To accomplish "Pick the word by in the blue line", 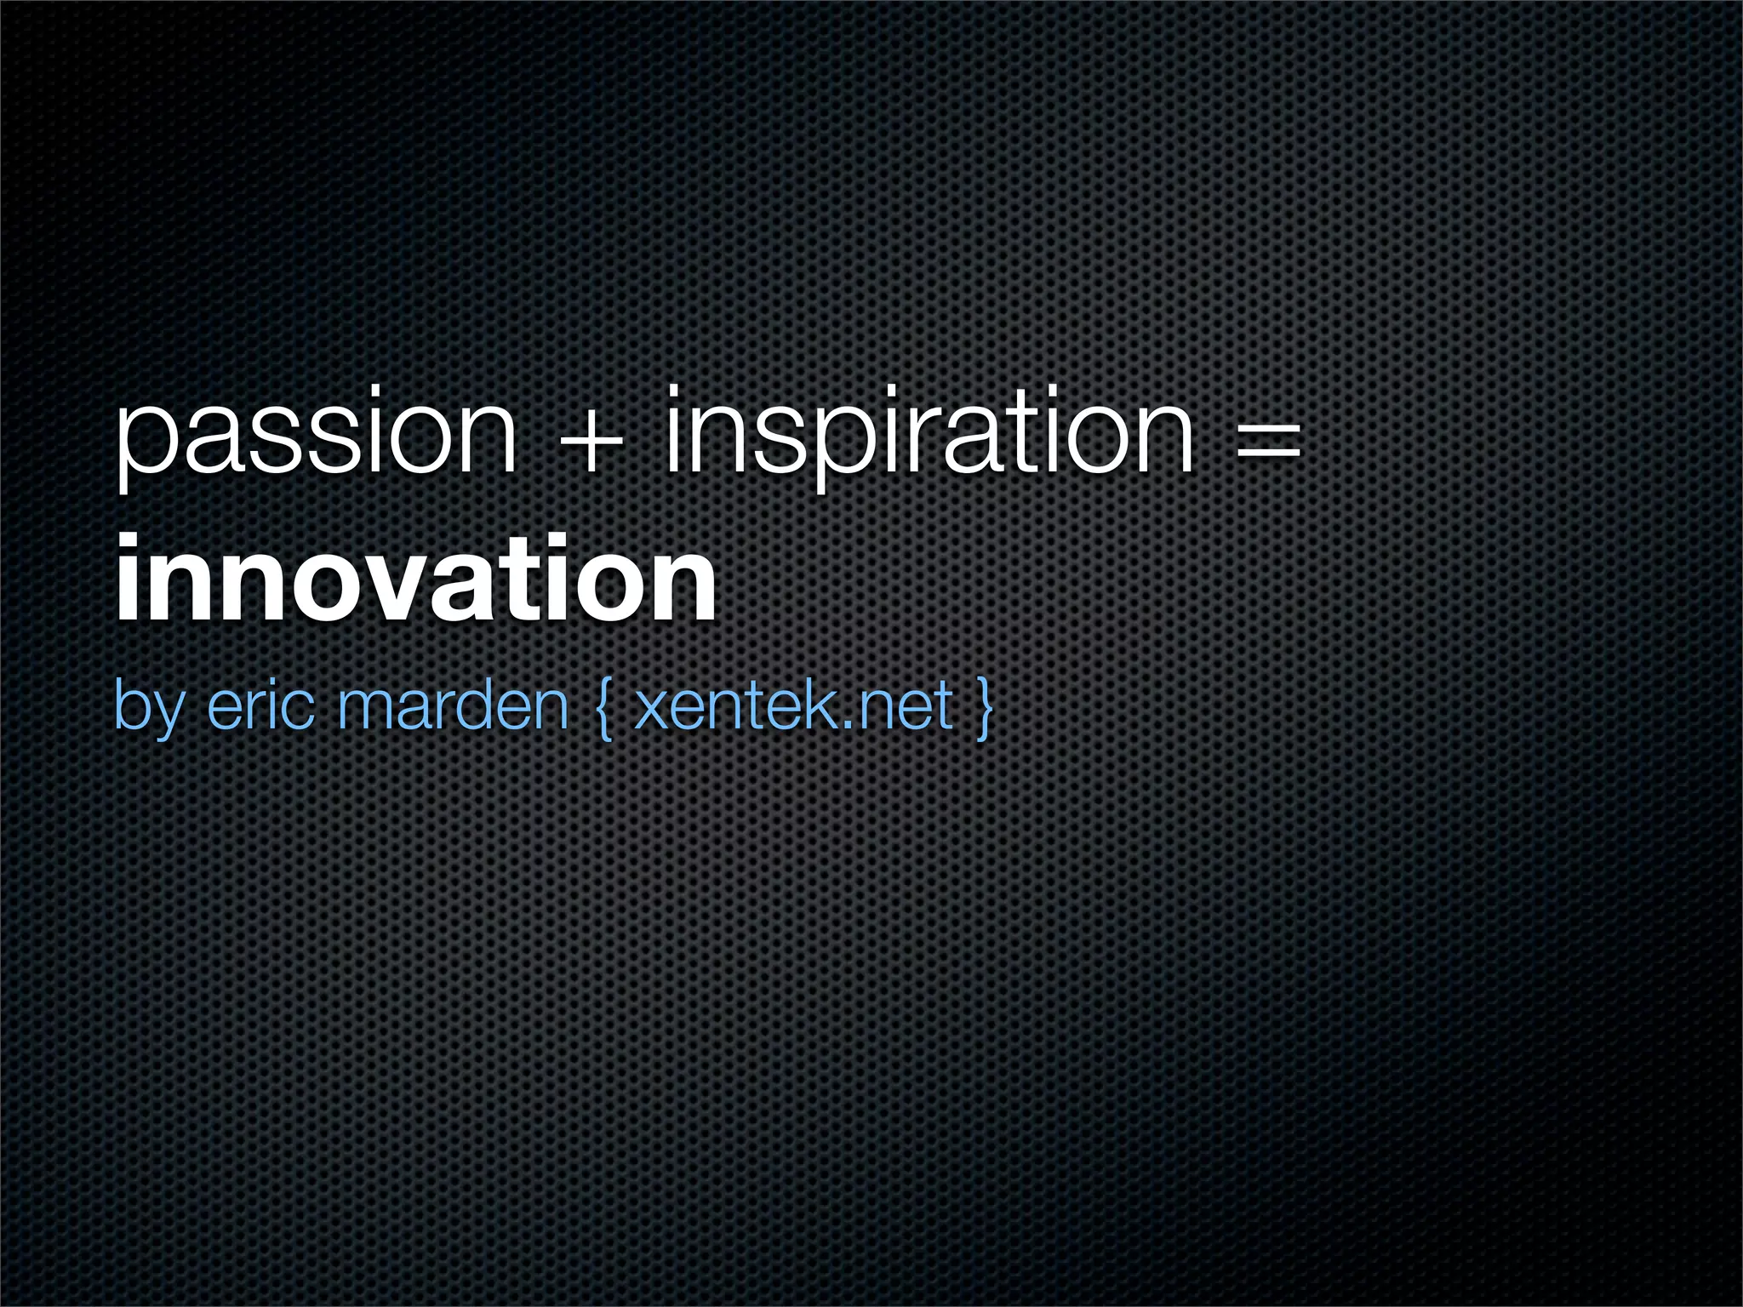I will [146, 708].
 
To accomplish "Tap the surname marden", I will [452, 705].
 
